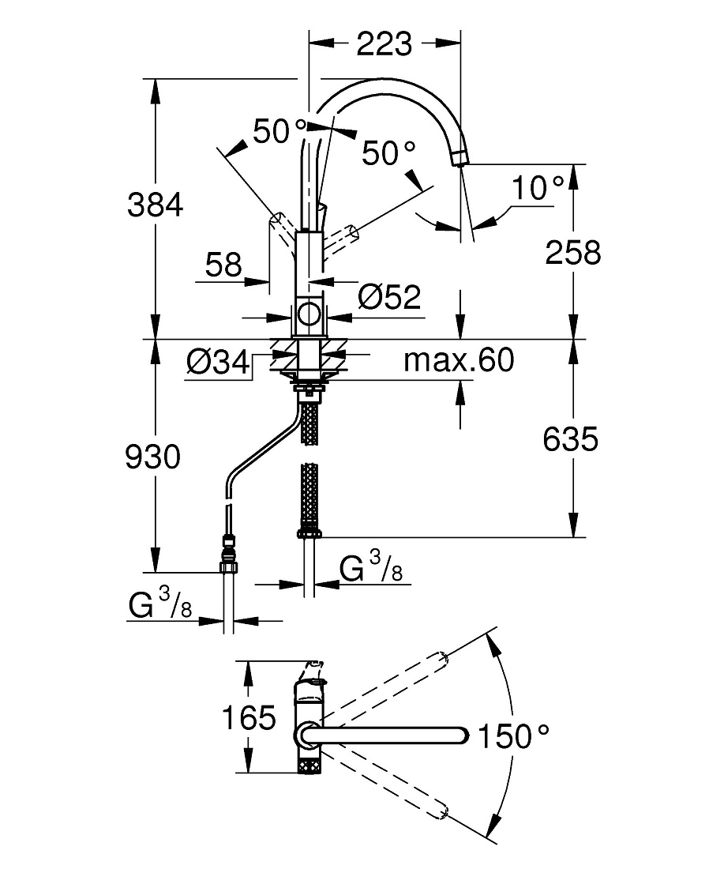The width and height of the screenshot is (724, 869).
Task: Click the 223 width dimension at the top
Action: click(x=385, y=43)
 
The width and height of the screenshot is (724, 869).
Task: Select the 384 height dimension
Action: click(x=155, y=205)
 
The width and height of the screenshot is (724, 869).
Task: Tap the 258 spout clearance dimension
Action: click(x=572, y=252)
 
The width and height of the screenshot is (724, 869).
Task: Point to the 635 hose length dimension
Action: click(x=571, y=439)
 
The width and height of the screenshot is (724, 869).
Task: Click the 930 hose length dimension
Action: click(x=153, y=457)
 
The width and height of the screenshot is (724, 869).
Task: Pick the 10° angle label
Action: click(x=538, y=188)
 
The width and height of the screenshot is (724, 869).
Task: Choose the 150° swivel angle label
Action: click(x=513, y=736)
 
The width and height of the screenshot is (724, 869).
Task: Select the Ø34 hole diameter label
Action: click(x=218, y=363)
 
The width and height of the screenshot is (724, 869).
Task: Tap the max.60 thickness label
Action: click(x=459, y=360)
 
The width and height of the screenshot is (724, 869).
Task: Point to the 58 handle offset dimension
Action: click(x=223, y=265)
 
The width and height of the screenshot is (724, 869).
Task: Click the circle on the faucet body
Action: click(x=309, y=314)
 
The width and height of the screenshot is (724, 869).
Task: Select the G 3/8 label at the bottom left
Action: click(x=160, y=604)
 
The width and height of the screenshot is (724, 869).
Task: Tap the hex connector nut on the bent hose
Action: click(x=228, y=567)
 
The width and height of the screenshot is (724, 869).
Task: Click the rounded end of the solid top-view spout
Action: click(x=463, y=735)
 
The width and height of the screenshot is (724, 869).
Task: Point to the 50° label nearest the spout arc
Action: click(x=389, y=153)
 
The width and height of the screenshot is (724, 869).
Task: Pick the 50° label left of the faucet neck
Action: click(x=279, y=131)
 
